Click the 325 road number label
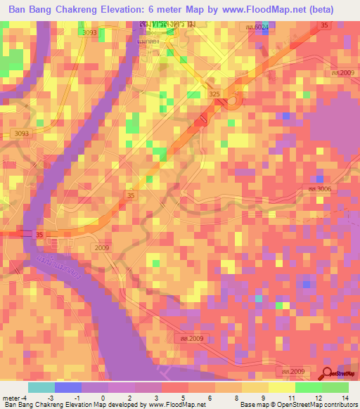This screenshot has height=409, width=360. [214, 94]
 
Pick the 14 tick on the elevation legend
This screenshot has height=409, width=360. [345, 398]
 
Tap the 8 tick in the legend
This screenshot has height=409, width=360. [236, 398]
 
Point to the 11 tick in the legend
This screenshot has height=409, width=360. [290, 398]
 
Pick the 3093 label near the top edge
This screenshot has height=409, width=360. [89, 33]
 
